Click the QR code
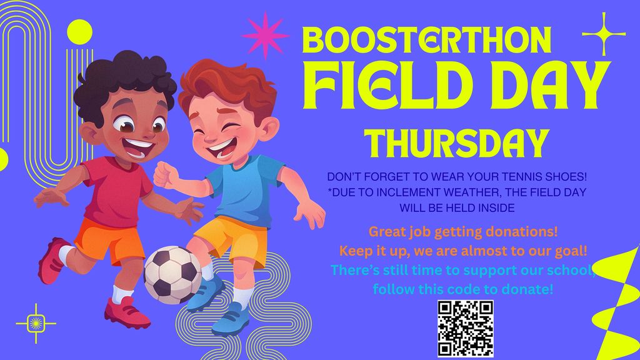click(466, 328)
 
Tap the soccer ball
click(172, 274)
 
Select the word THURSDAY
click(457, 144)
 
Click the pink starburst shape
click(264, 35)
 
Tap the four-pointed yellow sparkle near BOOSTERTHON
click(604, 34)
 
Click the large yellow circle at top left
click(79, 33)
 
